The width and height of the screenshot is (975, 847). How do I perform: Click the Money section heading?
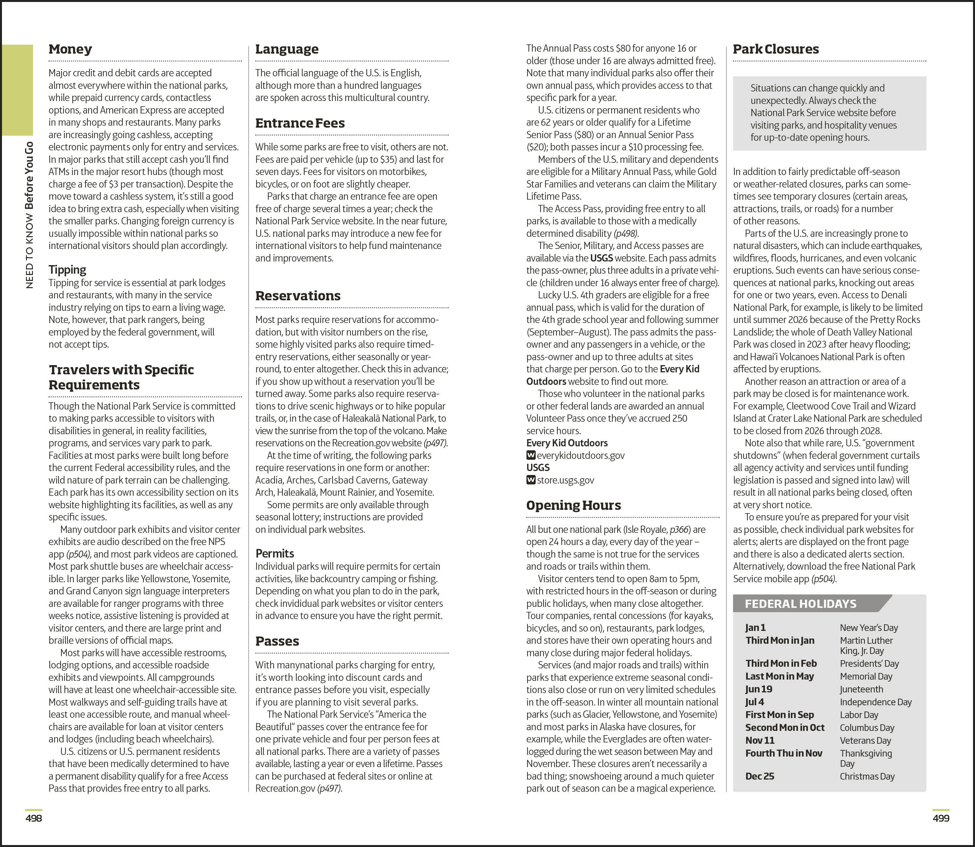coord(70,49)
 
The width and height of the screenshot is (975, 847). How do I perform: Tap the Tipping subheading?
coord(67,269)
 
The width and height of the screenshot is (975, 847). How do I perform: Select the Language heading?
coord(286,49)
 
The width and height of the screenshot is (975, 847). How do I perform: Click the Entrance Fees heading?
coord(300,123)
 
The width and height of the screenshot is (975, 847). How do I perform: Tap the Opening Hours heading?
coord(573,505)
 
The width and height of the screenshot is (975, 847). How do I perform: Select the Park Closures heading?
coord(775,49)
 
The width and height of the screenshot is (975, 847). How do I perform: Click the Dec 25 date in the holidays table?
coord(760,776)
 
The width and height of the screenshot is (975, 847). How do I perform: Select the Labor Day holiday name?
coord(859,715)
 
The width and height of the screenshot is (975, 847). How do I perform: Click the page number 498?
coord(34,818)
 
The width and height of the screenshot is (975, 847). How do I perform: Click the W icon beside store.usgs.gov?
coord(531,480)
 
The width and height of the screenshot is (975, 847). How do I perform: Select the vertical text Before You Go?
coord(29,176)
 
